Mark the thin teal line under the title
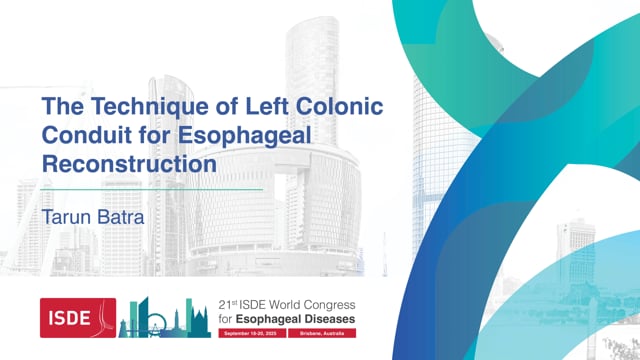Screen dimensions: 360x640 coord(150,188)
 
